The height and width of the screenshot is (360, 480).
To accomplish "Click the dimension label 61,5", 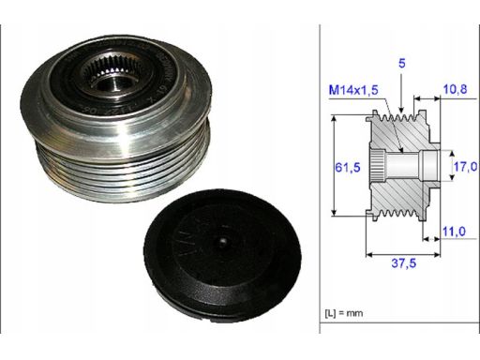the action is (348, 168).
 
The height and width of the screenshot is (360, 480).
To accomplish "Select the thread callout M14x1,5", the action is (353, 90).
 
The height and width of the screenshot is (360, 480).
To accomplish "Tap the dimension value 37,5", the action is (404, 263).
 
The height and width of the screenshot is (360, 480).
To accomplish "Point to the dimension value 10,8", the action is (455, 89).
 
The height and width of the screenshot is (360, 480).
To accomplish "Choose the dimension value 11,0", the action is (454, 232).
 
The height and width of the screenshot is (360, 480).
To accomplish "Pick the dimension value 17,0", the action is (465, 167).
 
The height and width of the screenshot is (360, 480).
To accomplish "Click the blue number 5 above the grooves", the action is (401, 64).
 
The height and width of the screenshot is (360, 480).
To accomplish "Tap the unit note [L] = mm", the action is (344, 313).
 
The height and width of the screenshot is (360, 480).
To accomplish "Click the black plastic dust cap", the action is (223, 255).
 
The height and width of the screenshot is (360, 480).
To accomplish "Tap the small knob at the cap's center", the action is (223, 243).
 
